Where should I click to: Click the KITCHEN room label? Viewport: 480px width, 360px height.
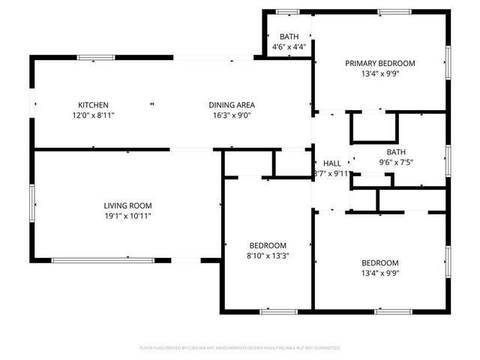click(94, 104)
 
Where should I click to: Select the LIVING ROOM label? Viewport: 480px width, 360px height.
click(127, 205)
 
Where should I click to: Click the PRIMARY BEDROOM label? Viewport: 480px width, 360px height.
click(380, 64)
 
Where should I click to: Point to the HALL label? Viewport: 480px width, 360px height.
click(331, 163)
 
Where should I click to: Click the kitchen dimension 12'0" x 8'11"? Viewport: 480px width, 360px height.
click(94, 115)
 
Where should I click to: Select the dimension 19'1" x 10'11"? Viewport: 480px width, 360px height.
click(127, 216)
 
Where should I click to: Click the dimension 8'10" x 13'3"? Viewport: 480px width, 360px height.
click(268, 255)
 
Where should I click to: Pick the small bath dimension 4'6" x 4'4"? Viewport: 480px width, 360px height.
click(289, 48)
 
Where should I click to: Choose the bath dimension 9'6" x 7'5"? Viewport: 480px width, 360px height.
click(396, 162)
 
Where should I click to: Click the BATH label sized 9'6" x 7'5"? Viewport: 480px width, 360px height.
click(396, 151)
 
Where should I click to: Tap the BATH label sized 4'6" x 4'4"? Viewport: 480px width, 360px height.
click(289, 37)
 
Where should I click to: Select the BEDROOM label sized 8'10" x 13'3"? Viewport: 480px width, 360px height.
click(268, 244)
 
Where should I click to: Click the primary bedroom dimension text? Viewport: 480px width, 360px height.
click(380, 75)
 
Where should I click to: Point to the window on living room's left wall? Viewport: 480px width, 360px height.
click(32, 204)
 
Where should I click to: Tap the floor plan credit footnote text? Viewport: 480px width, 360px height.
click(240, 348)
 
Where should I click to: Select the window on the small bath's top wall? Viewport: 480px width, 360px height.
click(287, 11)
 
